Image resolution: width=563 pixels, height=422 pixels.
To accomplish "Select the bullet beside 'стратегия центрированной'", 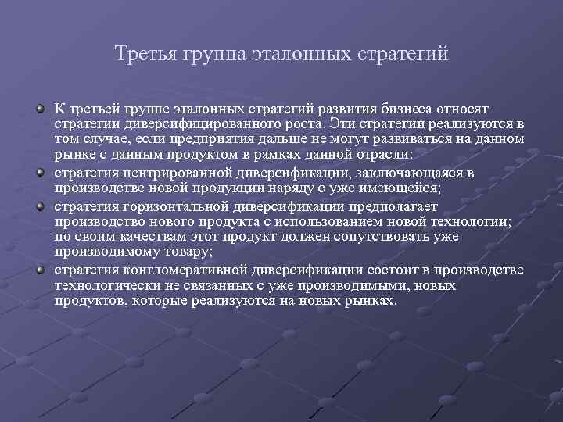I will click(x=40, y=173).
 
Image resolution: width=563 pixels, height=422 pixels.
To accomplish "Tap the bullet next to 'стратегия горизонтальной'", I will click(x=40, y=207).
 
